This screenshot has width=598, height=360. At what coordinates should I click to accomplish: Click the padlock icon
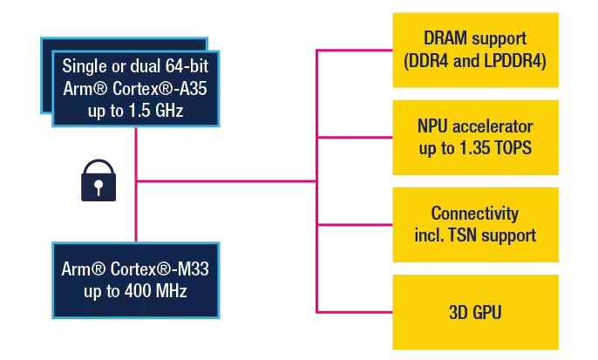98,180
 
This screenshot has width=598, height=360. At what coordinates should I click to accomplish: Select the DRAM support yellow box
474,50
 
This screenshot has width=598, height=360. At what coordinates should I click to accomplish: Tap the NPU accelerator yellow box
474,137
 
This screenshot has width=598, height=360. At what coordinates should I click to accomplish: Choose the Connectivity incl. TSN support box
474,224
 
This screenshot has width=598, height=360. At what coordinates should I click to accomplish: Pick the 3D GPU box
474,311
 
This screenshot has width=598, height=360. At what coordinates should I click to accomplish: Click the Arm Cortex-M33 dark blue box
135,279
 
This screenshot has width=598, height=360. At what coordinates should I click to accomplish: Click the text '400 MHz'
155,290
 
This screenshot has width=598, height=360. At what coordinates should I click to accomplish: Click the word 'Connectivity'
474,214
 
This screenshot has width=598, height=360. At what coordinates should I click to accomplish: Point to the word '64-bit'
187,67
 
